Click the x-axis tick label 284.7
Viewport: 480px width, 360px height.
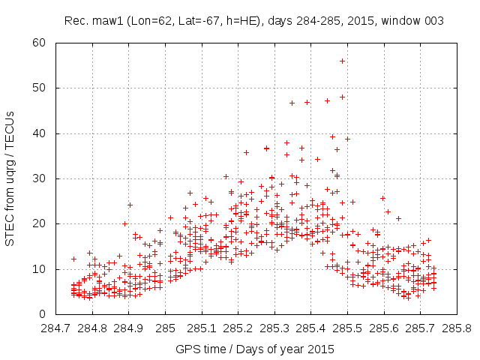tap(56, 328)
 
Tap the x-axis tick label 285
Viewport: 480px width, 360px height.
tap(165, 328)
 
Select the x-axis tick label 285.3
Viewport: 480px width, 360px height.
tap(274, 328)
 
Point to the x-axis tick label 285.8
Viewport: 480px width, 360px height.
tap(456, 328)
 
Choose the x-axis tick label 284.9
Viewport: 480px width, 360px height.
tap(129, 328)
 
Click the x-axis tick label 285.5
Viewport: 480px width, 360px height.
tap(346, 328)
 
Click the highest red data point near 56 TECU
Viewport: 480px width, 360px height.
tap(342, 61)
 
